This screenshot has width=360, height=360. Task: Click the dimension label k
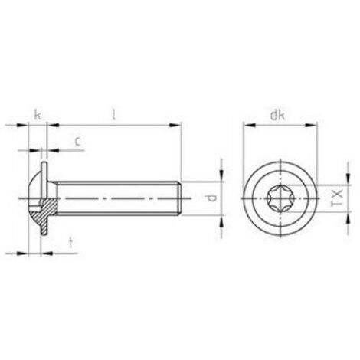tap(37, 115)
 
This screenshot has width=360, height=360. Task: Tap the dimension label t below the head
tap(70, 243)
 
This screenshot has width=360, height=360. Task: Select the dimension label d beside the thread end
tap(214, 198)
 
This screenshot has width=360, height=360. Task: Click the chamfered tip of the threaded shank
tap(180, 198)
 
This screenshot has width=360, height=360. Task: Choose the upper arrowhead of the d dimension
tap(223, 177)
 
